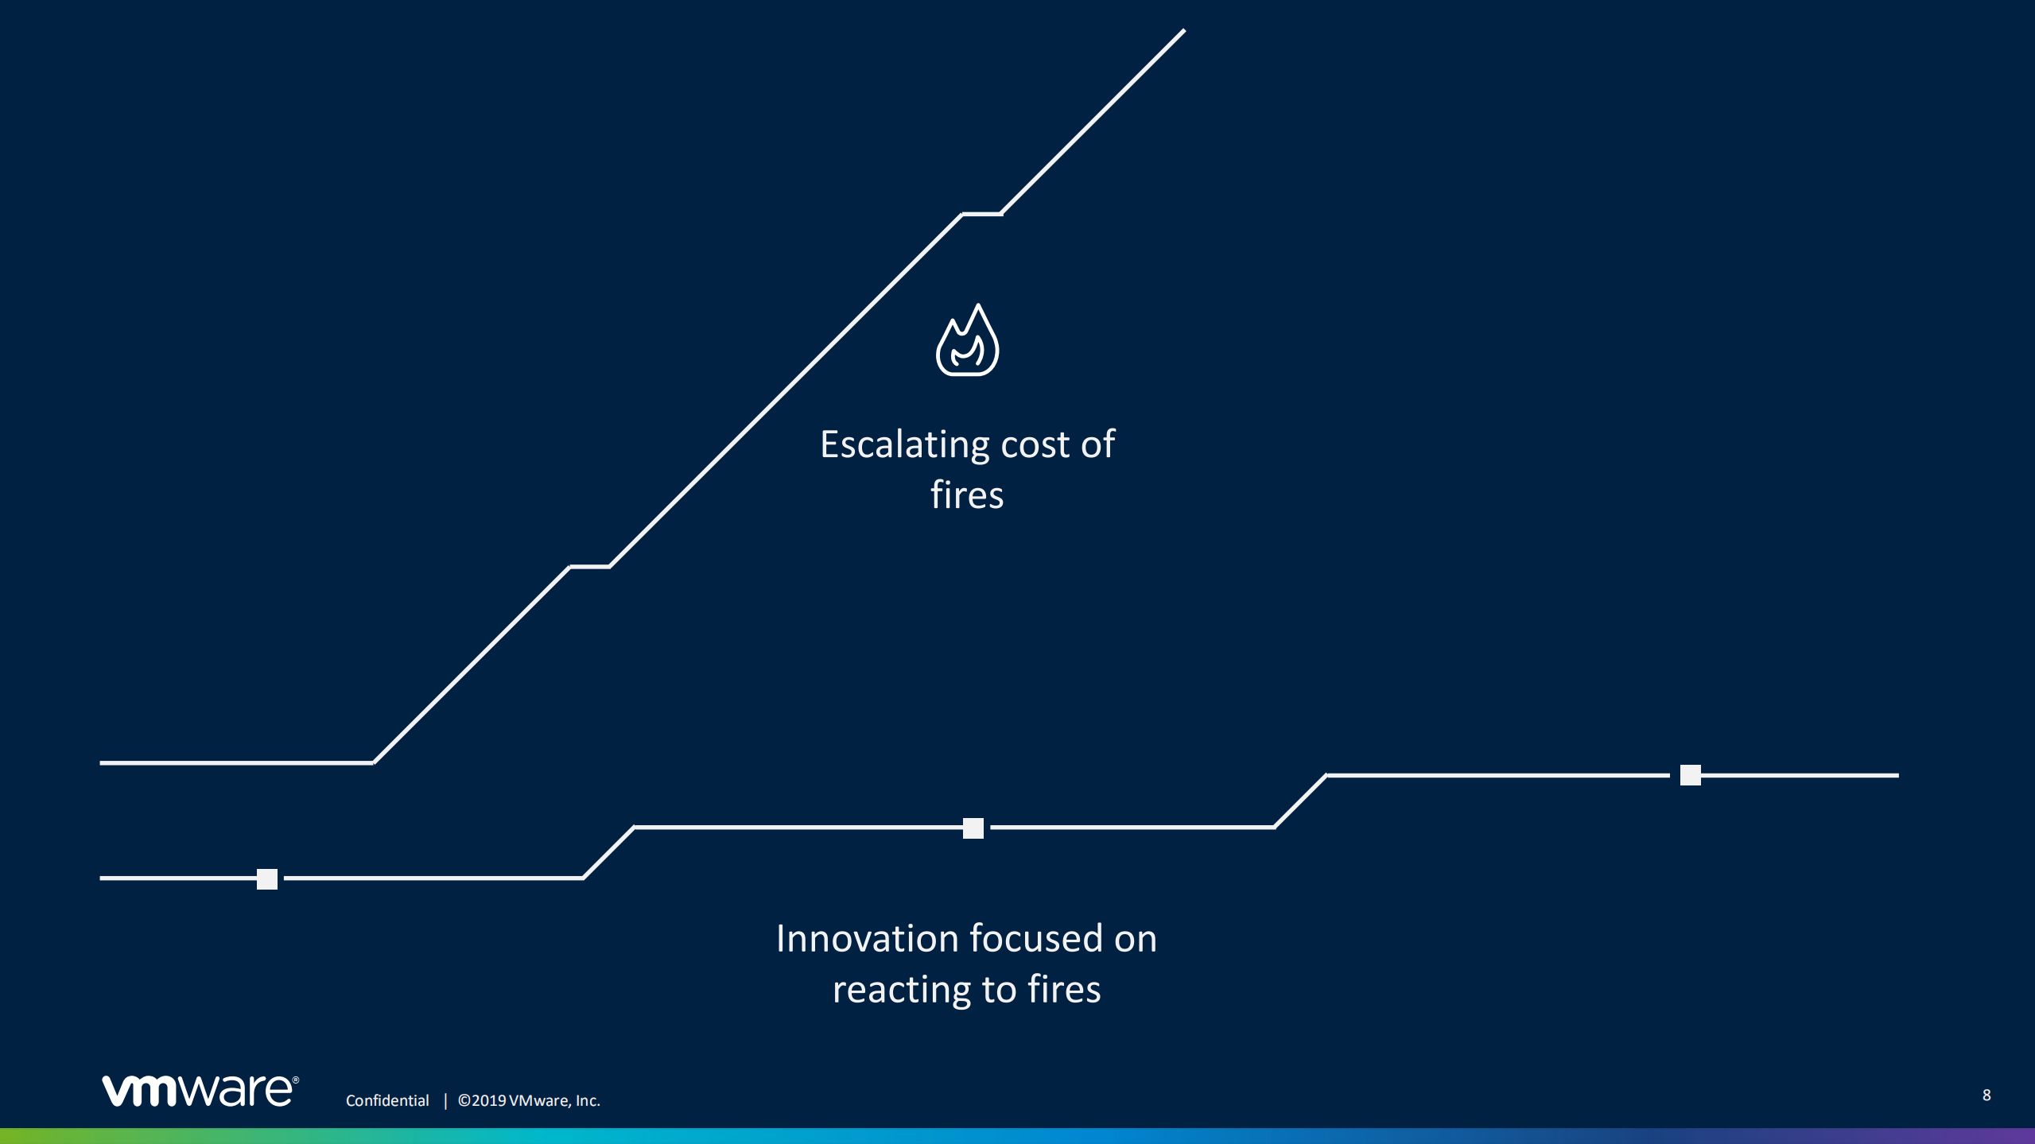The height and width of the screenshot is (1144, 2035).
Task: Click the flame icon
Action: tap(967, 340)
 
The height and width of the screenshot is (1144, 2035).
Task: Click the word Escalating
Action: tap(904, 445)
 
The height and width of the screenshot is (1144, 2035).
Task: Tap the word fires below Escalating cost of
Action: tap(967, 494)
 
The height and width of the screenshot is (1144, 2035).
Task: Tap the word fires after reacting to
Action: tap(1064, 989)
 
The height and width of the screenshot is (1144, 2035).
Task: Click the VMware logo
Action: tap(200, 1089)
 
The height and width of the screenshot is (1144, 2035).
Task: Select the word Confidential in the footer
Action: tap(387, 1100)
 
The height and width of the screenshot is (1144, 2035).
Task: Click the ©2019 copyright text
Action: tap(482, 1100)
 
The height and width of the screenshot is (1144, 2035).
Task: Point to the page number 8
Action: tap(1986, 1095)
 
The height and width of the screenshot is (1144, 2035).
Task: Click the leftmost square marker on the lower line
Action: tap(267, 878)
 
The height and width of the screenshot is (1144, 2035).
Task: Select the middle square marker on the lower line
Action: tap(973, 828)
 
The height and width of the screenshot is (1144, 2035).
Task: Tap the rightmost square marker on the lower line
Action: tap(1691, 774)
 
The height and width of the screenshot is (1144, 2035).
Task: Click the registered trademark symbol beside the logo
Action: tap(296, 1080)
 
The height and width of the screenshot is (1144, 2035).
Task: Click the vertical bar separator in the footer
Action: tap(445, 1100)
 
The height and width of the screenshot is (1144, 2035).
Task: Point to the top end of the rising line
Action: tap(1185, 30)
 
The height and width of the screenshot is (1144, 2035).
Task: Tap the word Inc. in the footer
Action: tap(588, 1100)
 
